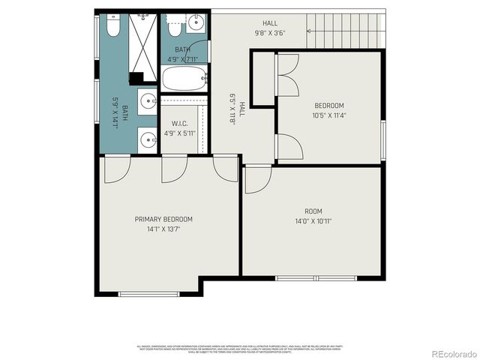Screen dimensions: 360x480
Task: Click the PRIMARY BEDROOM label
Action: coord(163,219)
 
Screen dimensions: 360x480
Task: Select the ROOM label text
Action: coord(313,211)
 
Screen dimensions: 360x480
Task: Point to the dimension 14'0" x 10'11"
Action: coord(313,221)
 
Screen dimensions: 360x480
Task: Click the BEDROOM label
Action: coord(329,106)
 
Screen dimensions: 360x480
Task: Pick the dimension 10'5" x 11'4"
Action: coord(329,115)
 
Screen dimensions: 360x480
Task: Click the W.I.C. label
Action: coord(178,124)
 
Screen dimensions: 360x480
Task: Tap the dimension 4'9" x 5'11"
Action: coord(178,133)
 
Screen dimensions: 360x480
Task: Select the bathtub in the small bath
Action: coord(184,77)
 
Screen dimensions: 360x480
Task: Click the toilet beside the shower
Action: coord(112,27)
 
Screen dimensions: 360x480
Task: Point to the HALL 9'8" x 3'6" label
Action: coord(269,28)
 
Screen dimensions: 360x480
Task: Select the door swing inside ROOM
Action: coord(256,178)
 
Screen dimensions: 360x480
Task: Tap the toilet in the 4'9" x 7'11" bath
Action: coord(173,28)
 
